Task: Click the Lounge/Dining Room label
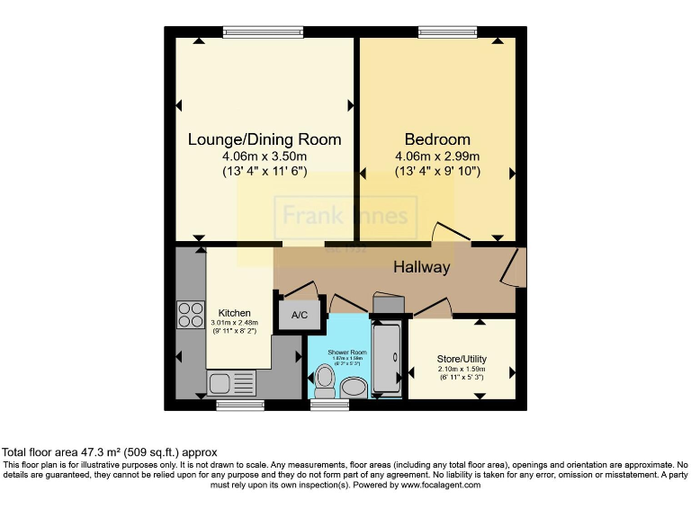tap(265, 139)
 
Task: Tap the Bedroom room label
tap(437, 139)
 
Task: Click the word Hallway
tap(421, 267)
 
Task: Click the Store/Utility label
tap(461, 356)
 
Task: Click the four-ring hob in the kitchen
tap(191, 314)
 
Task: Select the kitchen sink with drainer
tap(231, 383)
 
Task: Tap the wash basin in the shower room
tap(353, 387)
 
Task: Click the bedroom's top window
tap(447, 32)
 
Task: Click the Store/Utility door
tap(432, 308)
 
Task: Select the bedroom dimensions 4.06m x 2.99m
tap(437, 156)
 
